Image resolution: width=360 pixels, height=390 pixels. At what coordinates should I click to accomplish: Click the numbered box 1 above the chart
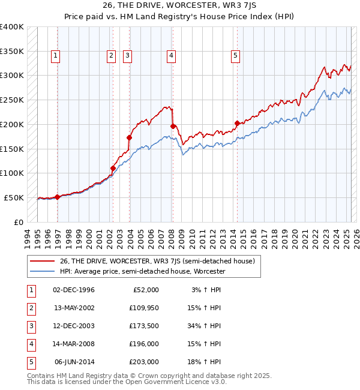pos(55,56)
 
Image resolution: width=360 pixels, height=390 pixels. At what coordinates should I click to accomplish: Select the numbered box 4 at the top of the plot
pos(171,56)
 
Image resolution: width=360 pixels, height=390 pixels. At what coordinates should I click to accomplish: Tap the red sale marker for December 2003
pos(129,137)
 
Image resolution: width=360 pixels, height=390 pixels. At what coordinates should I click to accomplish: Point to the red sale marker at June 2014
pos(237,123)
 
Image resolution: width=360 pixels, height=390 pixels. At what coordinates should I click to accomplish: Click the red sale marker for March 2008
pos(173,127)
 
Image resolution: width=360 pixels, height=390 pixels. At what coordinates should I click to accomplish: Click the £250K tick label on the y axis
pos(12,100)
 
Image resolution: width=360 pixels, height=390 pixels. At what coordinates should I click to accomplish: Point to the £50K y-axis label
pos(14,197)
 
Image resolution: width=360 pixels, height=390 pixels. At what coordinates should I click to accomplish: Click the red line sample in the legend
pos(43,261)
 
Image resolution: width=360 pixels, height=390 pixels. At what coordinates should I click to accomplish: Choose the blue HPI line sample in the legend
pos(43,271)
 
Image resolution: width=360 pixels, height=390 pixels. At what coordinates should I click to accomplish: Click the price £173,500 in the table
pos(144,326)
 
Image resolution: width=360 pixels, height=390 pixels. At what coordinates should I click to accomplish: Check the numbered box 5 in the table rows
pos(32,362)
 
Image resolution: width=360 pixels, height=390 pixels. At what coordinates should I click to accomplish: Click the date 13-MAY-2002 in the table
pos(74,308)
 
